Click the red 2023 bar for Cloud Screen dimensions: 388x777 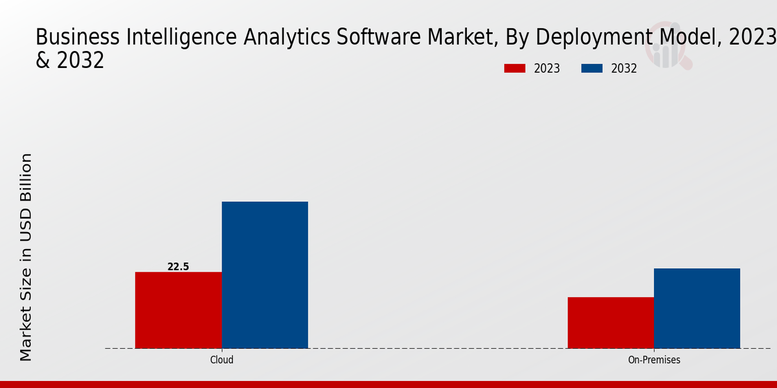(178, 310)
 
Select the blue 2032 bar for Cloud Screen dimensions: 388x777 (265, 275)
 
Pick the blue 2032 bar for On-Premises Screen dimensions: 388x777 (697, 308)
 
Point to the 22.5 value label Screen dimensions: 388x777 (178, 266)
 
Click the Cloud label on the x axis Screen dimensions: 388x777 (221, 360)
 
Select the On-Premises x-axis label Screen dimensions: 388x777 (654, 360)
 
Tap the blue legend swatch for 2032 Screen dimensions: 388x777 (592, 69)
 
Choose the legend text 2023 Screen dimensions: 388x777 (547, 69)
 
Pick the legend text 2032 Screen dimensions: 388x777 (624, 69)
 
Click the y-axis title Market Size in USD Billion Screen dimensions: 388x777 (26, 257)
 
